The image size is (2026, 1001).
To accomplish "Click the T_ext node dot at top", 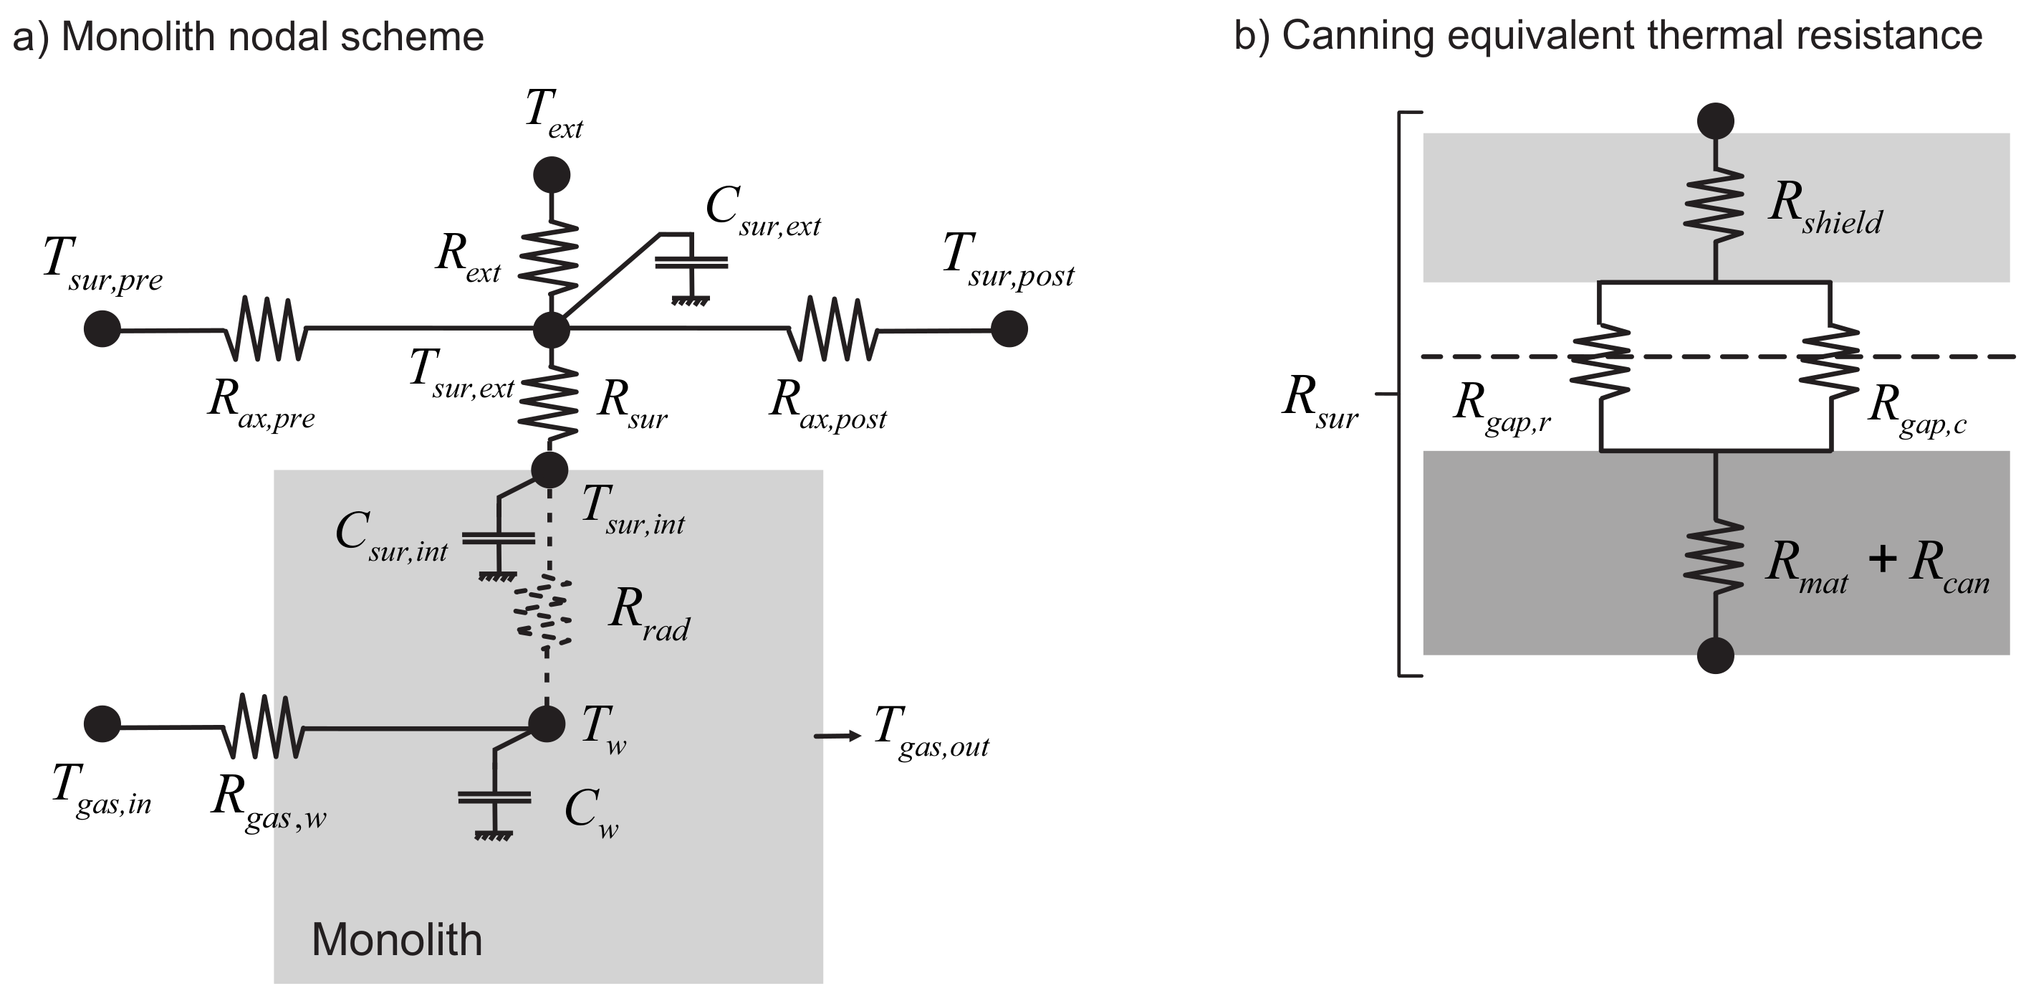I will (552, 175).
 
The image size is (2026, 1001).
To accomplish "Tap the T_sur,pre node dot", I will (102, 329).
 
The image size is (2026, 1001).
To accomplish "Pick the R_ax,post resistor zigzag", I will (833, 329).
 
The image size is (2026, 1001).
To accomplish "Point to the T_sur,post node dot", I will (1009, 329).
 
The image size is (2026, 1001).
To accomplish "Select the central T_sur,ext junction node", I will (552, 330).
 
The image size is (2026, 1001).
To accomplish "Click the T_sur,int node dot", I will (549, 470).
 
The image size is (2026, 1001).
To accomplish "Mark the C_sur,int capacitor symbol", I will (498, 539).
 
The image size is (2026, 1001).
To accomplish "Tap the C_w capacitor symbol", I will (494, 798).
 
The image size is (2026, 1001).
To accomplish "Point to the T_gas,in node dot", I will (102, 724).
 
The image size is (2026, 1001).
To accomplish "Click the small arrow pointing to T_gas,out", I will (837, 736).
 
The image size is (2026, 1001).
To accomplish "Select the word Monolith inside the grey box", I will (396, 939).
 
